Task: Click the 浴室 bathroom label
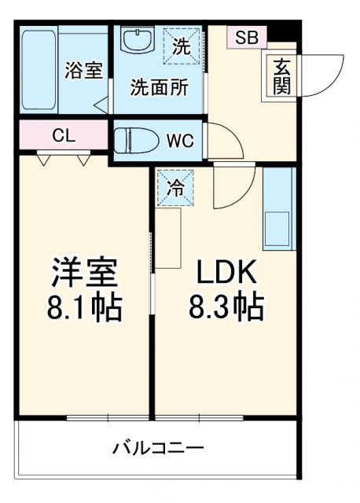pos(83,70)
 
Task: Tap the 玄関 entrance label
pos(281,77)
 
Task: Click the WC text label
pos(179,142)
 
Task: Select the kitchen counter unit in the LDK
pos(277,207)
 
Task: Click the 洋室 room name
pos(84,274)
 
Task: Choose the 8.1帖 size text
pos(84,307)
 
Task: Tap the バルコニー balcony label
pos(157,449)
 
